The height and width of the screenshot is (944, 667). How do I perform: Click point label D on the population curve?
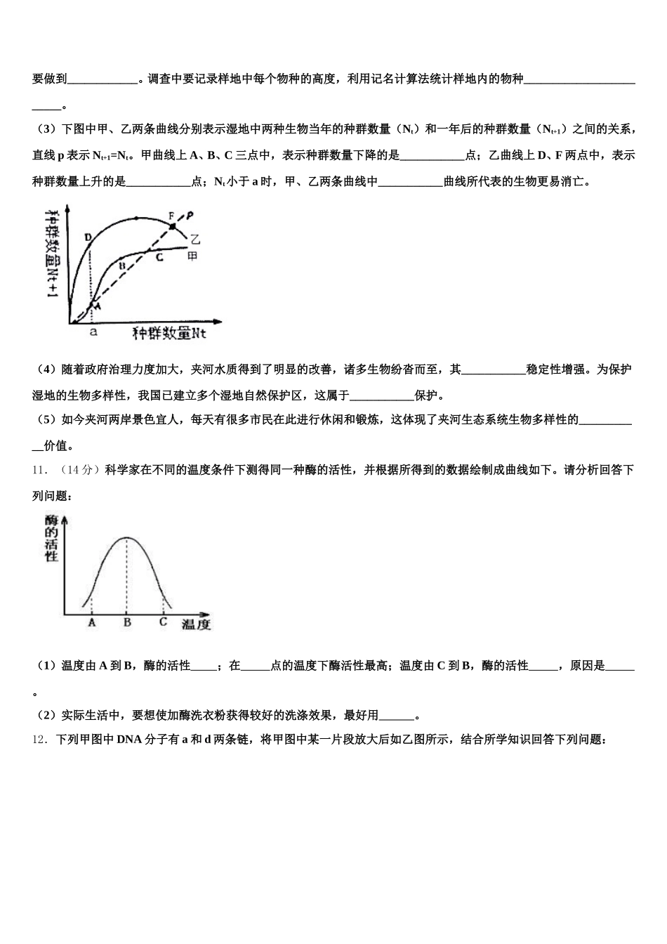[88, 237]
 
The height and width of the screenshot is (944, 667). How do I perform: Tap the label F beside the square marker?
[171, 215]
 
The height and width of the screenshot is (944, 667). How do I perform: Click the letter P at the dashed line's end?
[190, 214]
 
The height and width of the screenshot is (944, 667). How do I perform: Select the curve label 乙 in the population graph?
[195, 240]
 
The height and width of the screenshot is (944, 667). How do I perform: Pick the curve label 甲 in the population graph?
[192, 257]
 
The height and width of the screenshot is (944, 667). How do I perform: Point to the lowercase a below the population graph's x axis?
[92, 333]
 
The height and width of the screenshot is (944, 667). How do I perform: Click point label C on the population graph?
[159, 258]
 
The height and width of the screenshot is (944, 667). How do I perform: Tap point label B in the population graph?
[121, 266]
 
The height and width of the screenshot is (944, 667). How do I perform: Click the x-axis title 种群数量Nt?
[169, 333]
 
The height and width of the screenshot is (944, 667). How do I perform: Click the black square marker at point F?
[173, 226]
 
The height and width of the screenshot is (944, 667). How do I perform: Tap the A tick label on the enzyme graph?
[91, 622]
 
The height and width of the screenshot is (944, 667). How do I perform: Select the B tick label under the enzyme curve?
[127, 622]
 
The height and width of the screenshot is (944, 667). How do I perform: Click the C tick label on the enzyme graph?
[163, 622]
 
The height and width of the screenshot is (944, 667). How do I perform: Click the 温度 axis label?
[196, 624]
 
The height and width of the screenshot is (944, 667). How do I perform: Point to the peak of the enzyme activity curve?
[127, 538]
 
